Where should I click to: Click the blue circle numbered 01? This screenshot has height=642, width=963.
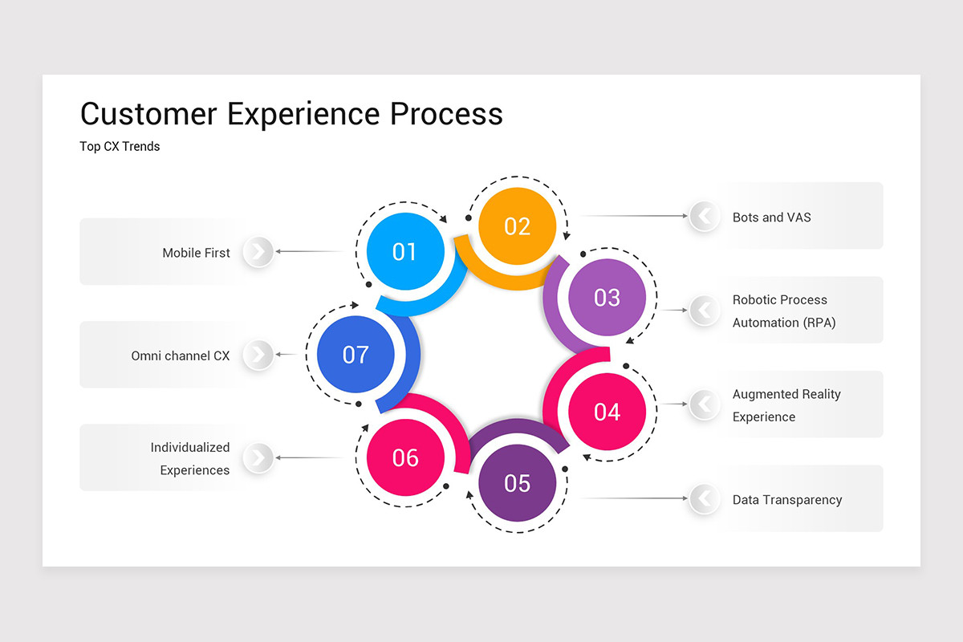click(404, 251)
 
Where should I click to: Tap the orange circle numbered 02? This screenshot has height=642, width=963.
click(517, 226)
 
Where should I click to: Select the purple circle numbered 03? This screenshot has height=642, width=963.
click(607, 297)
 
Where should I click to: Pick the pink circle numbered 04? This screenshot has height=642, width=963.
click(607, 411)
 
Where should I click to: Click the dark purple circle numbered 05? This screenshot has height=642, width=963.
click(517, 483)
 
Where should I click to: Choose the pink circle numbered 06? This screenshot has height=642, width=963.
click(405, 457)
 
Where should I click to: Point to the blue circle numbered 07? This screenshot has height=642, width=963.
click(356, 354)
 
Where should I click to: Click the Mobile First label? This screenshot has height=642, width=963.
click(196, 253)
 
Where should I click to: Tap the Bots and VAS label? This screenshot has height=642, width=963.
click(771, 217)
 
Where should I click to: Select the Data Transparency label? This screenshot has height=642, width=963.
click(786, 499)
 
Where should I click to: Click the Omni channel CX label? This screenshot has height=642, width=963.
click(180, 355)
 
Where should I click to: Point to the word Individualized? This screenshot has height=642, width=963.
click(190, 447)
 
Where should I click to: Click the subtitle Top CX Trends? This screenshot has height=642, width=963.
click(120, 146)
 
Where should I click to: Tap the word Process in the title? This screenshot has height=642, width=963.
click(446, 113)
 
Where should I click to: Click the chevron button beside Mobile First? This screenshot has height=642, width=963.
click(258, 252)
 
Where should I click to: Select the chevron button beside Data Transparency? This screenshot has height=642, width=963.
click(704, 498)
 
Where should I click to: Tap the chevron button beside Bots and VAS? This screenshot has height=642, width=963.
click(704, 216)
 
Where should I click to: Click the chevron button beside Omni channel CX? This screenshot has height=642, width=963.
click(258, 355)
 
